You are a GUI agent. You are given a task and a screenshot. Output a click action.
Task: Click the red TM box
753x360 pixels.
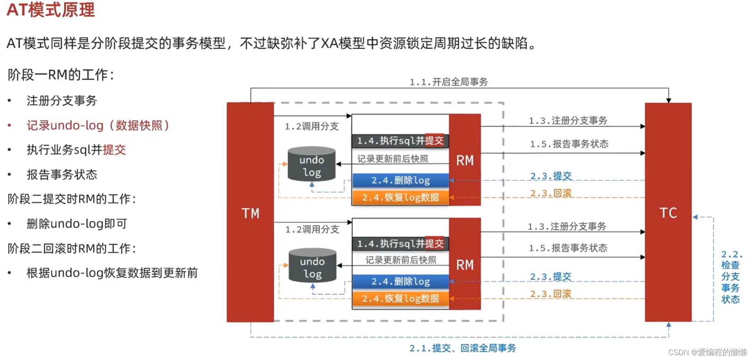pos(250,212)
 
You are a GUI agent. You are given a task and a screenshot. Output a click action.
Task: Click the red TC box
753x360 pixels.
pos(668,212)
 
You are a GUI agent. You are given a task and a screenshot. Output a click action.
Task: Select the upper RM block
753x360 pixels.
pos(465,160)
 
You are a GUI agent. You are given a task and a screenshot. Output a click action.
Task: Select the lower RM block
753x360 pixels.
pos(465,265)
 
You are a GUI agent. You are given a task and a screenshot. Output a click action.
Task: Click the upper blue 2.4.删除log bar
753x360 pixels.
pos(400,180)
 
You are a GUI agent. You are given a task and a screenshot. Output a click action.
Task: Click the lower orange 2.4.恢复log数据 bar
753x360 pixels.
pos(400,299)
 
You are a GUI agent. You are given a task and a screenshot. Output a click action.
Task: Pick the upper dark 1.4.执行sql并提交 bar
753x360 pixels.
pos(400,141)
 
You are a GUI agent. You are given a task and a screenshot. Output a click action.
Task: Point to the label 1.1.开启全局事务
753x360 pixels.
pos(449,82)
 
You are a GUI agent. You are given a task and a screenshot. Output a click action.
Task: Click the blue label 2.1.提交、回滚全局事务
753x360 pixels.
pos(463,348)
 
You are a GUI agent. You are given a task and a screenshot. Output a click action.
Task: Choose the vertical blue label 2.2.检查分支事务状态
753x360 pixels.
pos(731,277)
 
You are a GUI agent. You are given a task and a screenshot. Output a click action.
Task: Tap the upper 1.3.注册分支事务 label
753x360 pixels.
pos(568,121)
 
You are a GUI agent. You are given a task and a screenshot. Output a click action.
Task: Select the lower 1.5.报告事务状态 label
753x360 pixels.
pos(568,248)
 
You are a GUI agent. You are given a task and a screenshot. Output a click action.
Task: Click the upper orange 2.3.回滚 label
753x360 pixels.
pos(551,193)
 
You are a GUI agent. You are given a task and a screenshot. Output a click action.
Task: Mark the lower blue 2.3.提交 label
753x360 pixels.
pos(551,277)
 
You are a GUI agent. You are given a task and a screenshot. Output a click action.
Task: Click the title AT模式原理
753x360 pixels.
pos(51,10)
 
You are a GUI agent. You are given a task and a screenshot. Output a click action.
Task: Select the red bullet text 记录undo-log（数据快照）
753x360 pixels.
pos(98,125)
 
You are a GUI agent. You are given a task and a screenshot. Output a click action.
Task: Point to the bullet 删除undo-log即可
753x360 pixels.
pos(77,224)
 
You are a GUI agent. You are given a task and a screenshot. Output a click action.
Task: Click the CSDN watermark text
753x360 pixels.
pos(707,352)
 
